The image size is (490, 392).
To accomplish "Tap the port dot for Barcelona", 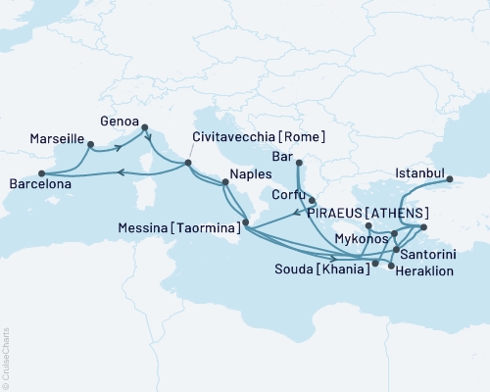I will click(x=40, y=174).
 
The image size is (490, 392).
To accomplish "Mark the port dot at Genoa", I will click(x=145, y=126).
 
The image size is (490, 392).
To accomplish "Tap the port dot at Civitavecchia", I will click(x=188, y=164).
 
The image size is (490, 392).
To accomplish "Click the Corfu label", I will click(x=290, y=195).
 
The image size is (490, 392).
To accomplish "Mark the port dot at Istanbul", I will click(x=451, y=179).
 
